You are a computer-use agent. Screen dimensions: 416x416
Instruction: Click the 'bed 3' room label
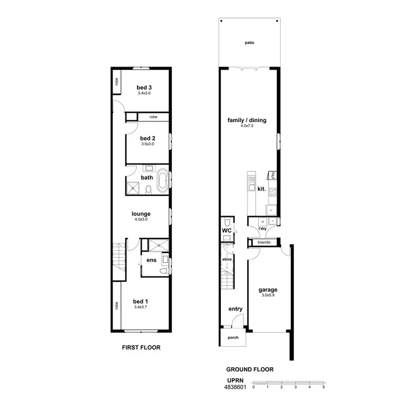[144, 88]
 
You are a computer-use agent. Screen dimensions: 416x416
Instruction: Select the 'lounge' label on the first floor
[141, 214]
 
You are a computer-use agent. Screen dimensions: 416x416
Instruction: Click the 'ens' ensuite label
[150, 260]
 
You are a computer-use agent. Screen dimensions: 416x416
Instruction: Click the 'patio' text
[250, 43]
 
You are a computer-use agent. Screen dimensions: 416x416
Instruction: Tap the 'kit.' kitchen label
[262, 189]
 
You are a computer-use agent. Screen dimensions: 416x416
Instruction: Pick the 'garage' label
[267, 290]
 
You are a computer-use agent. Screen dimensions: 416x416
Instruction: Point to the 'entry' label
[236, 309]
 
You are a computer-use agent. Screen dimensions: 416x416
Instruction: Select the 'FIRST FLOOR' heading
[141, 348]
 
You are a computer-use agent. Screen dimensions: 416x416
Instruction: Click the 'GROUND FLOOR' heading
[250, 369]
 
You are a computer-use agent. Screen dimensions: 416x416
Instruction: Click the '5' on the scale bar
[323, 387]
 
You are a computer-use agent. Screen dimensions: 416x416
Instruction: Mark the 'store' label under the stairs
[226, 258]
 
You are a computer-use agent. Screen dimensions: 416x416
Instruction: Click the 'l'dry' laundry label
[263, 229]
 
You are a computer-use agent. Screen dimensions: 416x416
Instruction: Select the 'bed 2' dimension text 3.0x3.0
[147, 144]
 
